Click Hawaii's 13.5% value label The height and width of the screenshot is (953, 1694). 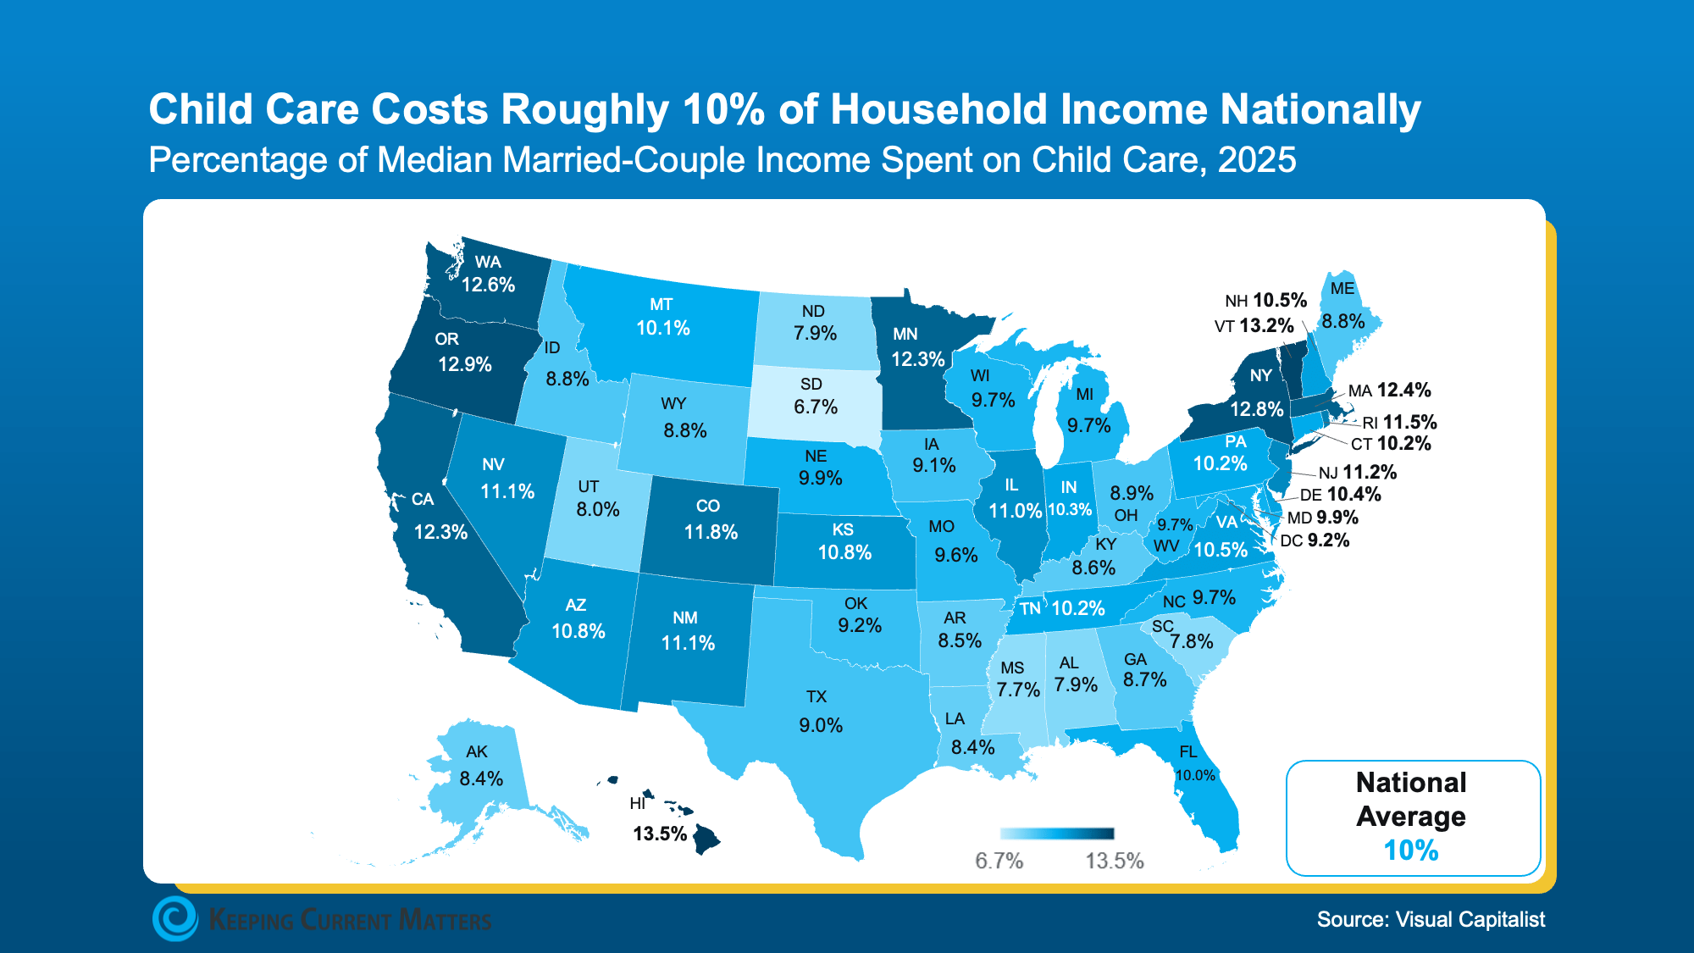click(660, 834)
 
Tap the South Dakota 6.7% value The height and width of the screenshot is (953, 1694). click(816, 407)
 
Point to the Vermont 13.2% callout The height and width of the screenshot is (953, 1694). click(1254, 325)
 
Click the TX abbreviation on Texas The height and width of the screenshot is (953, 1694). click(816, 697)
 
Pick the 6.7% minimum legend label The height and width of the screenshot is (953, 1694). click(999, 861)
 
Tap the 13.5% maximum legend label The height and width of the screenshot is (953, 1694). click(1115, 861)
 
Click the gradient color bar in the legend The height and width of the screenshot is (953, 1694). click(1057, 834)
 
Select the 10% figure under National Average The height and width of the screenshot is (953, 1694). click(1411, 850)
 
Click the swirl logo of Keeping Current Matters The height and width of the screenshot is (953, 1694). click(175, 919)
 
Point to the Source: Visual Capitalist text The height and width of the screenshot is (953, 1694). click(1431, 919)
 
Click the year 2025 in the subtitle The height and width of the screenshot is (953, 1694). click(1257, 160)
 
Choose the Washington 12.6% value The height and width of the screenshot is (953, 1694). click(488, 285)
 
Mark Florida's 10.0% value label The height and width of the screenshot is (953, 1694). click(1195, 775)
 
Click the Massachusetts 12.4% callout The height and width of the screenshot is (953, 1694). click(1389, 391)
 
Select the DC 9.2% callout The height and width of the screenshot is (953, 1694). click(1315, 540)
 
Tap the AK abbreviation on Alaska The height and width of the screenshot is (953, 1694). click(477, 751)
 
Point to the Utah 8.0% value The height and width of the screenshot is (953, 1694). click(598, 510)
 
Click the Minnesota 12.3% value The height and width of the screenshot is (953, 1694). click(917, 359)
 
